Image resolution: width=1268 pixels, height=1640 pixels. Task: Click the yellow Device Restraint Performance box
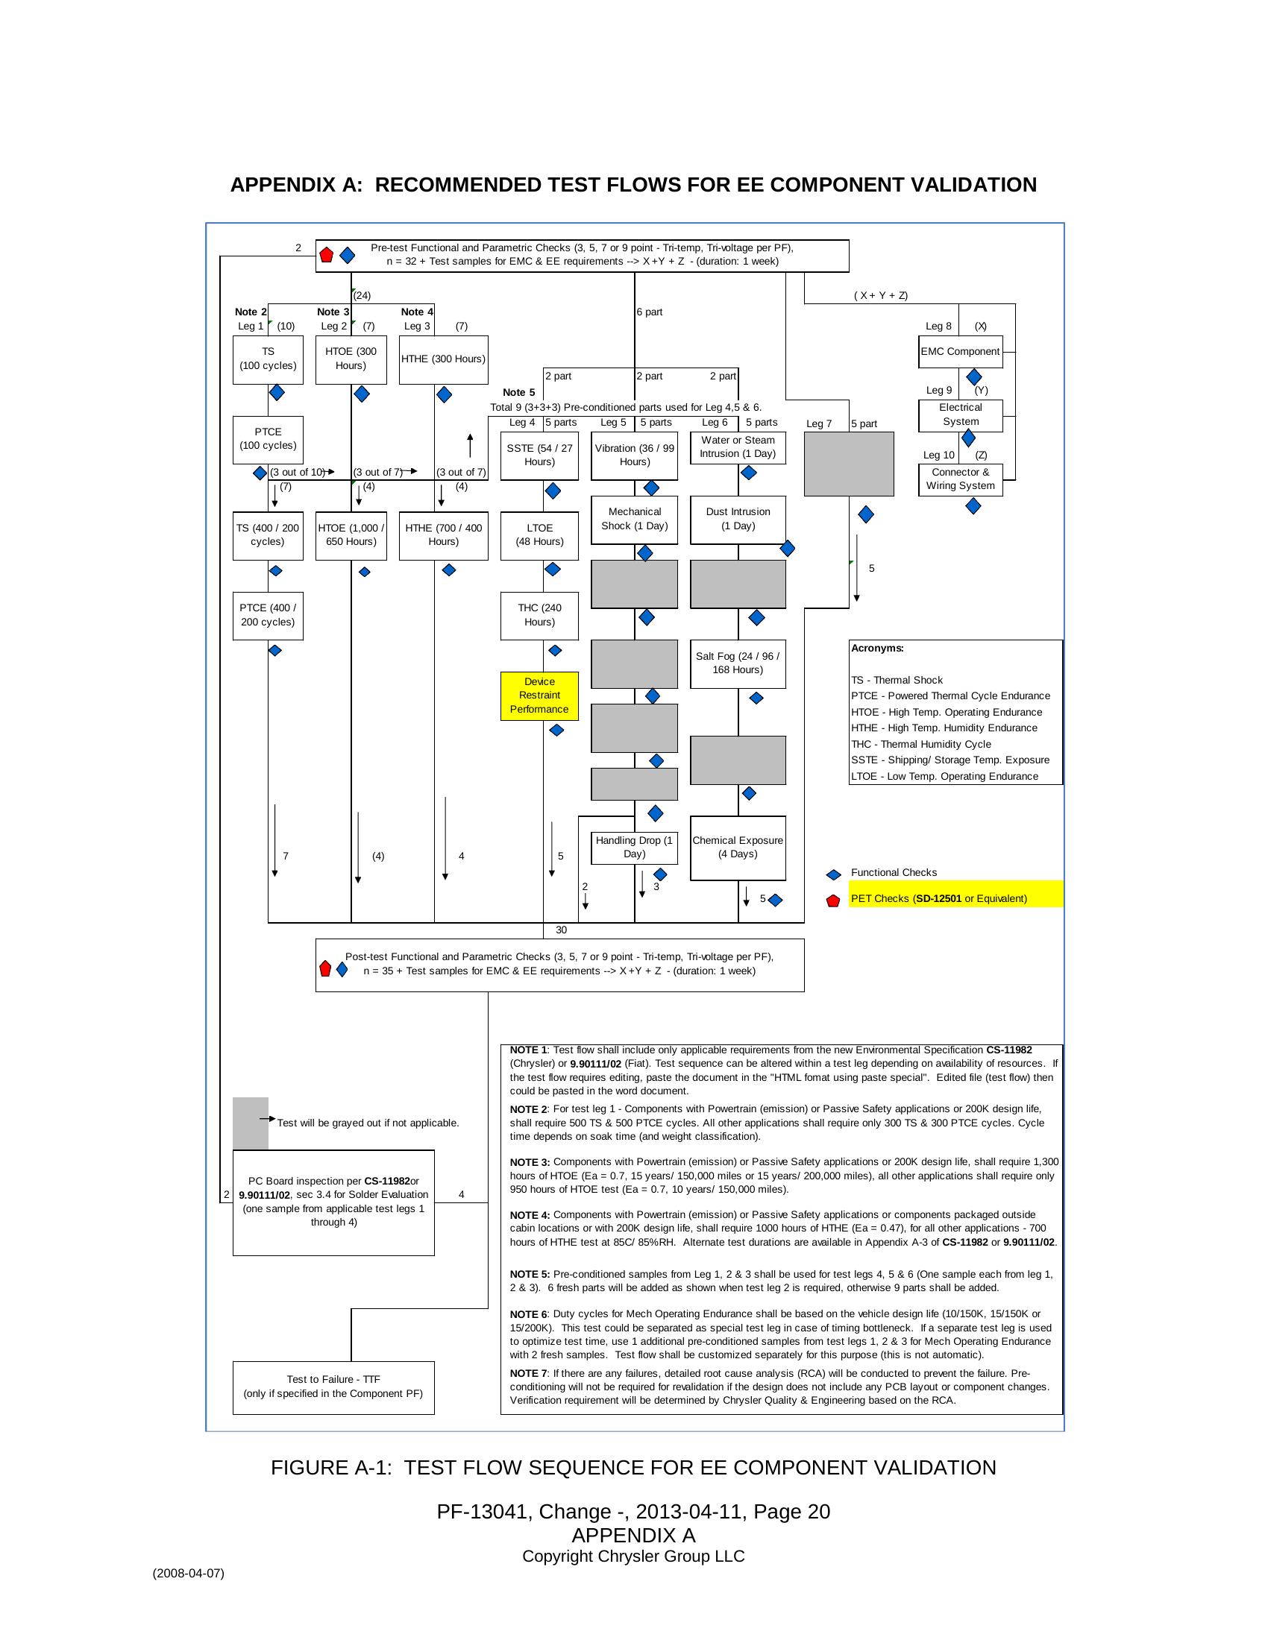point(539,696)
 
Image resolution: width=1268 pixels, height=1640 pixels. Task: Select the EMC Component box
point(960,351)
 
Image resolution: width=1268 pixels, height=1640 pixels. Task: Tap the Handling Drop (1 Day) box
point(634,847)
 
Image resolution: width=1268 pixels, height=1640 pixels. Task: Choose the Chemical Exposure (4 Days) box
point(738,848)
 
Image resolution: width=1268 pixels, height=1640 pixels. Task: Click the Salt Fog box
point(738,663)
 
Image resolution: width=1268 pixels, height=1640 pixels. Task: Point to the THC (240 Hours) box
point(539,615)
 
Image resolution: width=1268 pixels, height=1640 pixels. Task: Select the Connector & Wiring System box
point(960,479)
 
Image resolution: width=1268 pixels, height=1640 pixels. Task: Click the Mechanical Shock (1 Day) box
point(634,519)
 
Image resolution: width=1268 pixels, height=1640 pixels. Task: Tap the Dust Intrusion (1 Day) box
point(738,519)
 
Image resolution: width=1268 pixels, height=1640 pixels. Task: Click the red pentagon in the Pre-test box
point(326,255)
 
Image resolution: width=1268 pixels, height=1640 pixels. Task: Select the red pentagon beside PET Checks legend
point(832,901)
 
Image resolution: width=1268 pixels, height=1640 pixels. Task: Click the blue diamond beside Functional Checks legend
point(833,875)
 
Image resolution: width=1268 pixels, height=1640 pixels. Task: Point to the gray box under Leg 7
point(849,464)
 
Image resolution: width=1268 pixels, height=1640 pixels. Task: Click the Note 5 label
point(518,393)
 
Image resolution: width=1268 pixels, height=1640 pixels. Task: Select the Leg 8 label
point(938,327)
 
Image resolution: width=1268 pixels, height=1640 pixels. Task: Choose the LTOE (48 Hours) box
point(539,534)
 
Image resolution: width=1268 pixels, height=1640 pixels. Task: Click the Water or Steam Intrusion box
point(738,447)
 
